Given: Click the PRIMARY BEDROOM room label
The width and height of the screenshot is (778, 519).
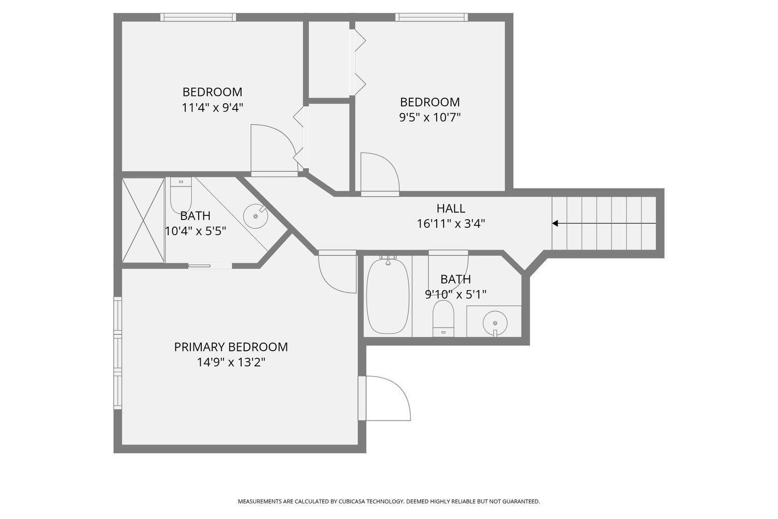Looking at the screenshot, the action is coord(231,347).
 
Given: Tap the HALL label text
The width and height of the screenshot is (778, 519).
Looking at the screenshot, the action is coord(451,208).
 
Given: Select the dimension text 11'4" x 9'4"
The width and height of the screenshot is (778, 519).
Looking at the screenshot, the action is coord(212,108).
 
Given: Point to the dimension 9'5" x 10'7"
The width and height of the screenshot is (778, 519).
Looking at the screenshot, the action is coord(430,117).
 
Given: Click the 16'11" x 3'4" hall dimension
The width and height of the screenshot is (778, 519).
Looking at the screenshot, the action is coord(451,224).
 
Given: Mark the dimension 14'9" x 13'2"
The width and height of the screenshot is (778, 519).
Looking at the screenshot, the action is coord(231,363).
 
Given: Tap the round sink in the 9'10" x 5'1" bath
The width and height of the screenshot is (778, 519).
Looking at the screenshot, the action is coord(495,323).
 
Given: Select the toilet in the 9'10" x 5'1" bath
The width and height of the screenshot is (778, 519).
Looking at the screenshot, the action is coord(443,319).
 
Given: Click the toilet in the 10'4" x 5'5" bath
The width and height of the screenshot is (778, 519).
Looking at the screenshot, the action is coord(181,195).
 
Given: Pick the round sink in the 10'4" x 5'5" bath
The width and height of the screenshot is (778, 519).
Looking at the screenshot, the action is coord(256,216).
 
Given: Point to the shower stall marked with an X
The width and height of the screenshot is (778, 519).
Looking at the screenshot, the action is coord(143,221).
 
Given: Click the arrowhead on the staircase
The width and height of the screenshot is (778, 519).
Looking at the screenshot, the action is coord(555,223).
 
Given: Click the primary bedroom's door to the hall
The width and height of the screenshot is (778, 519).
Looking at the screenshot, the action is coord(338,271).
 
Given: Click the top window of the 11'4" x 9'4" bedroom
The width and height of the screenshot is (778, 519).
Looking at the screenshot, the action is coord(198,17).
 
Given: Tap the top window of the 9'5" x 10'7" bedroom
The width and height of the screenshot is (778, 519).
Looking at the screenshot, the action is coord(432,17).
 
